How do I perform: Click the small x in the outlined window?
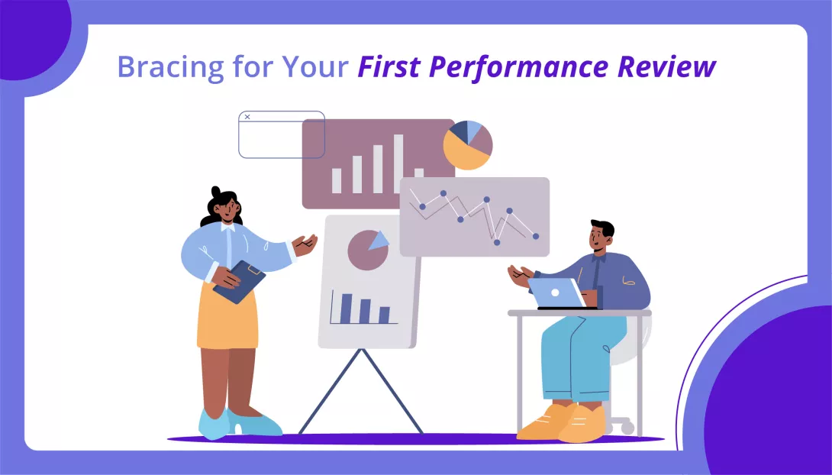click(247, 117)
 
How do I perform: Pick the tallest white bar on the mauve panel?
click(398, 163)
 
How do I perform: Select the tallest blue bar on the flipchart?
click(347, 308)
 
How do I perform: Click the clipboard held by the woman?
click(239, 281)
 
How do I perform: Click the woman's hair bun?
click(216, 191)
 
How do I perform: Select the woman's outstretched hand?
click(306, 244)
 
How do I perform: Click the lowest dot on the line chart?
click(496, 242)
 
